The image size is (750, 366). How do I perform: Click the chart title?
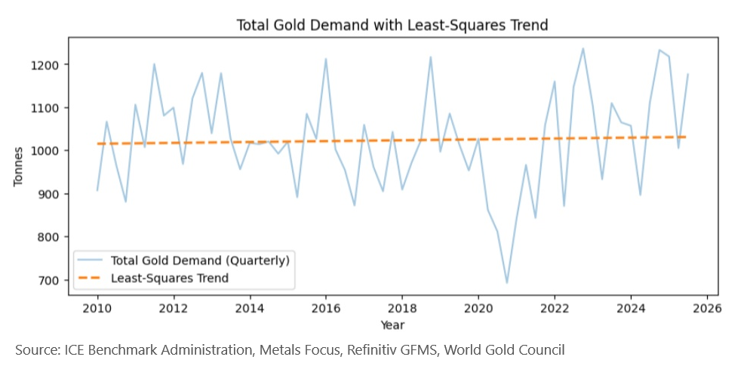(392, 25)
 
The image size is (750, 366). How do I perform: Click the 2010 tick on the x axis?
(97, 309)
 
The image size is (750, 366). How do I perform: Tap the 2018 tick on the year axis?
(402, 309)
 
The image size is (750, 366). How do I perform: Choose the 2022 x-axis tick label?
(555, 309)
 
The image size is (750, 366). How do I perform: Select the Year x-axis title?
(392, 325)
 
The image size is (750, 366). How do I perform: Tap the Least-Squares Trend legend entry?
(169, 278)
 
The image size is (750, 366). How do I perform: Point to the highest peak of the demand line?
(582, 48)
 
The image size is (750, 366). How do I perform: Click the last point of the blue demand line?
(688, 74)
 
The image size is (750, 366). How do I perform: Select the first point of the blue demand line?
(97, 190)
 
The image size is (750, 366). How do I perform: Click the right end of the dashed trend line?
(686, 137)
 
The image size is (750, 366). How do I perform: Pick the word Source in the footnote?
(35, 349)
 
